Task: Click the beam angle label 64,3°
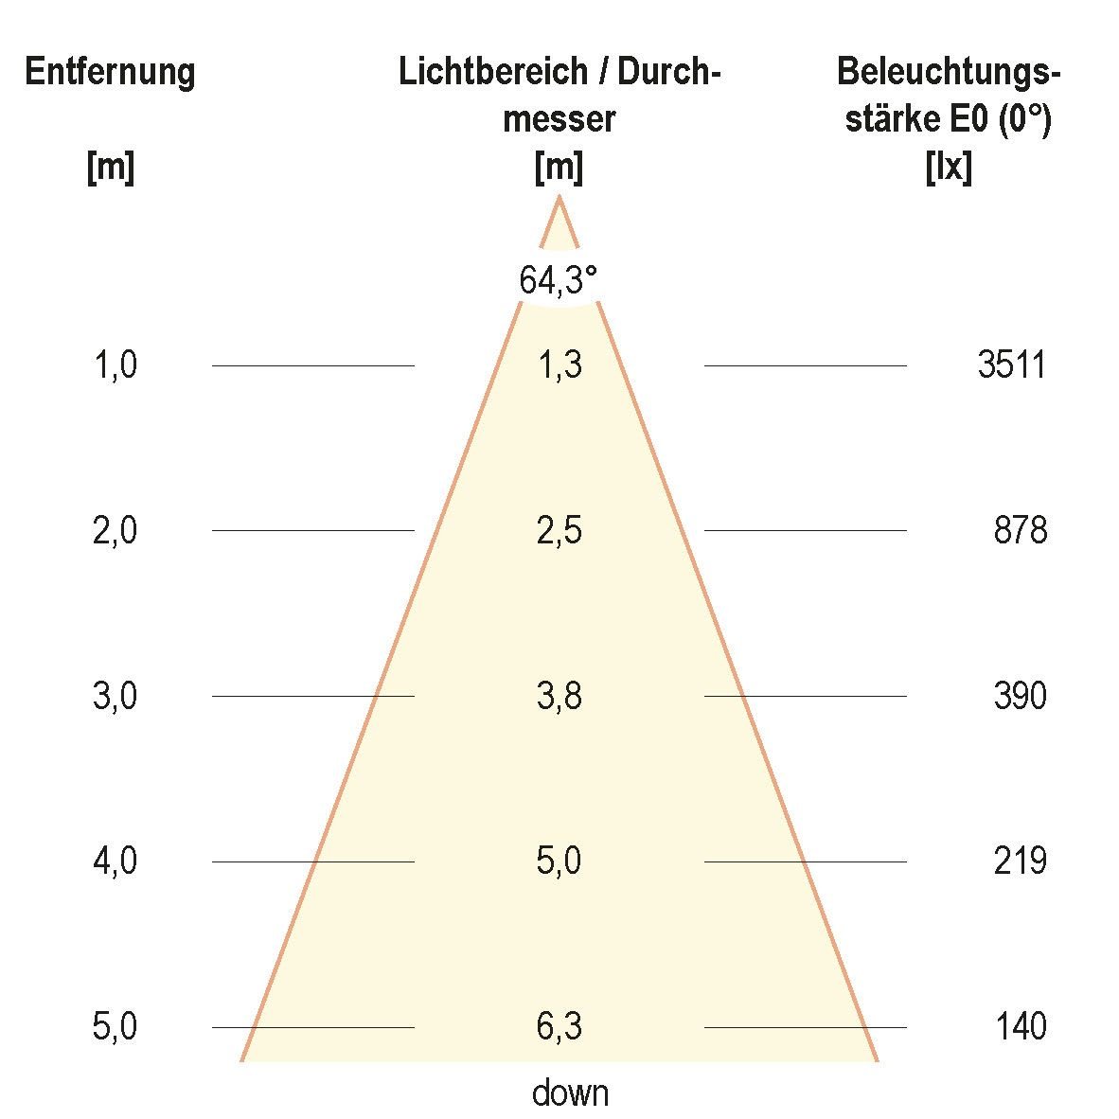[x=559, y=280]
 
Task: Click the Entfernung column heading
[x=110, y=73]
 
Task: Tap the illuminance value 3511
[x=1012, y=365]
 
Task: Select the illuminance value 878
[x=1021, y=530]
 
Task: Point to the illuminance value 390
[x=1021, y=696]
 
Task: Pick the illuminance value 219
[x=1021, y=861]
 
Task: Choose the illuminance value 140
[x=1021, y=1026]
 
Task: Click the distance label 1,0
[x=115, y=365]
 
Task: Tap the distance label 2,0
[x=115, y=530]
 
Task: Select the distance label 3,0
[x=115, y=696]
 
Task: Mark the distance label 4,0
[x=115, y=861]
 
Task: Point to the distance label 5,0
[x=115, y=1026]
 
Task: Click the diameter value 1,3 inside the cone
[x=559, y=365]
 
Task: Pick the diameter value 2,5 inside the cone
[x=559, y=530]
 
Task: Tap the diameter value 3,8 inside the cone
[x=559, y=696]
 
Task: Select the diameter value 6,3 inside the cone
[x=559, y=1026]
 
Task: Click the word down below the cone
[x=570, y=1093]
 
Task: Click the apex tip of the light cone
[x=559, y=198]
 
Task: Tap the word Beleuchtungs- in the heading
[x=949, y=73]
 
